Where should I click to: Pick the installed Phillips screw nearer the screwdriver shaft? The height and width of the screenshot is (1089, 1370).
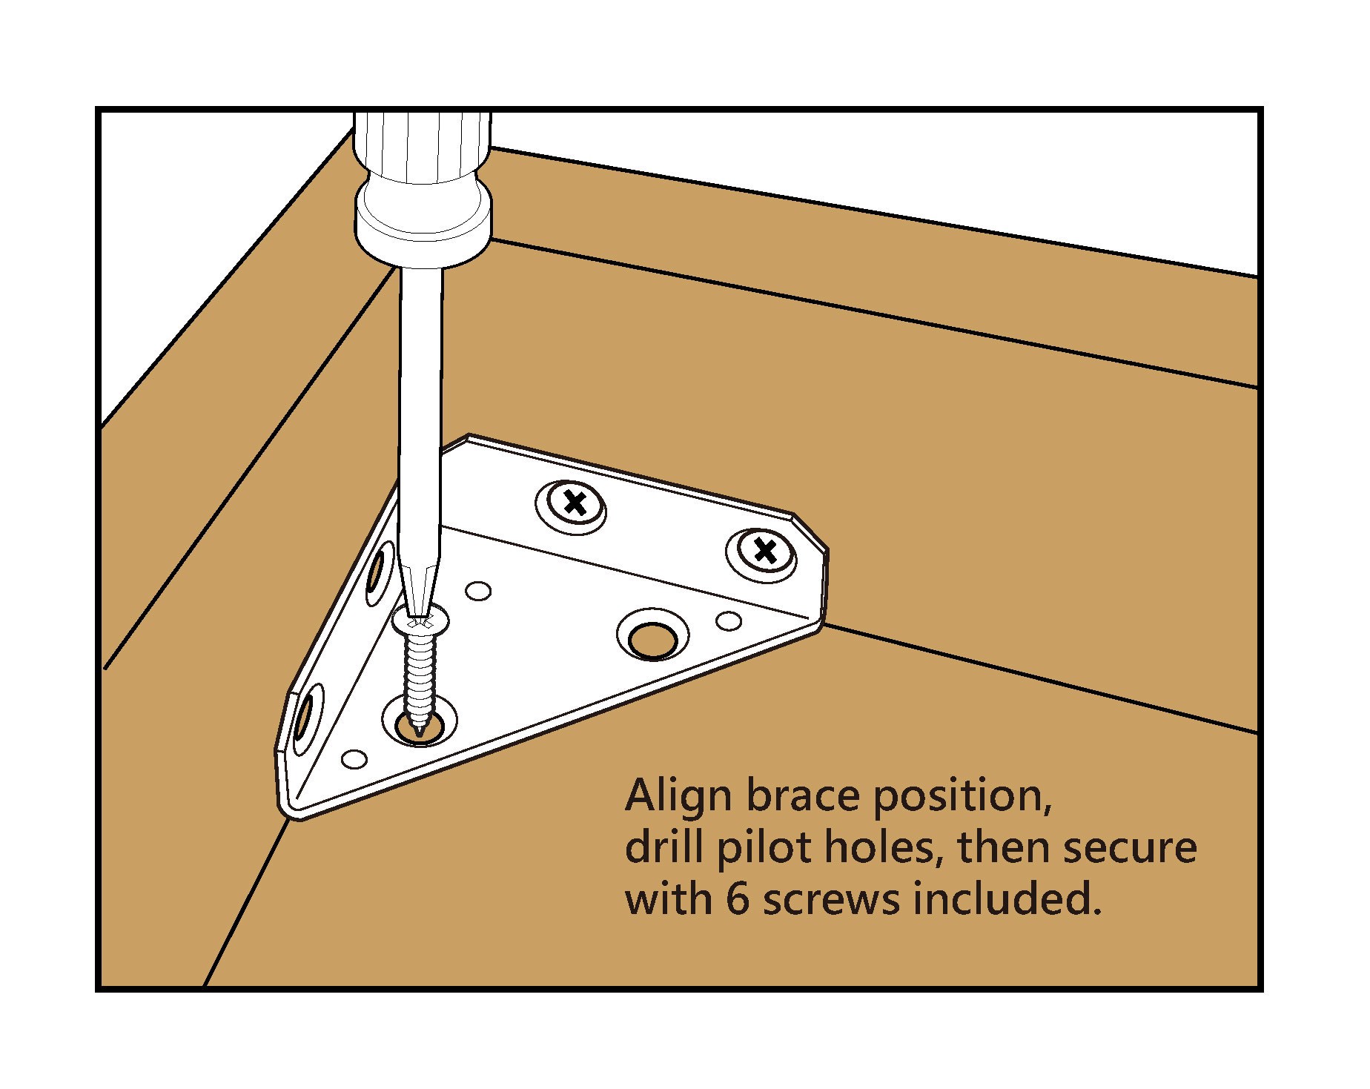coord(572,504)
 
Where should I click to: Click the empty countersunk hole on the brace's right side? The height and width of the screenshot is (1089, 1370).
coord(652,636)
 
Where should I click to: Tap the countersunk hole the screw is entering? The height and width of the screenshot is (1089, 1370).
coord(420,724)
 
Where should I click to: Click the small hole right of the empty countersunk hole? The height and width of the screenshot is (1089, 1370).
coord(727,620)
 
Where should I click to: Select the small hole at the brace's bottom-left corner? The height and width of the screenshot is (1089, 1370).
coord(355,760)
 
